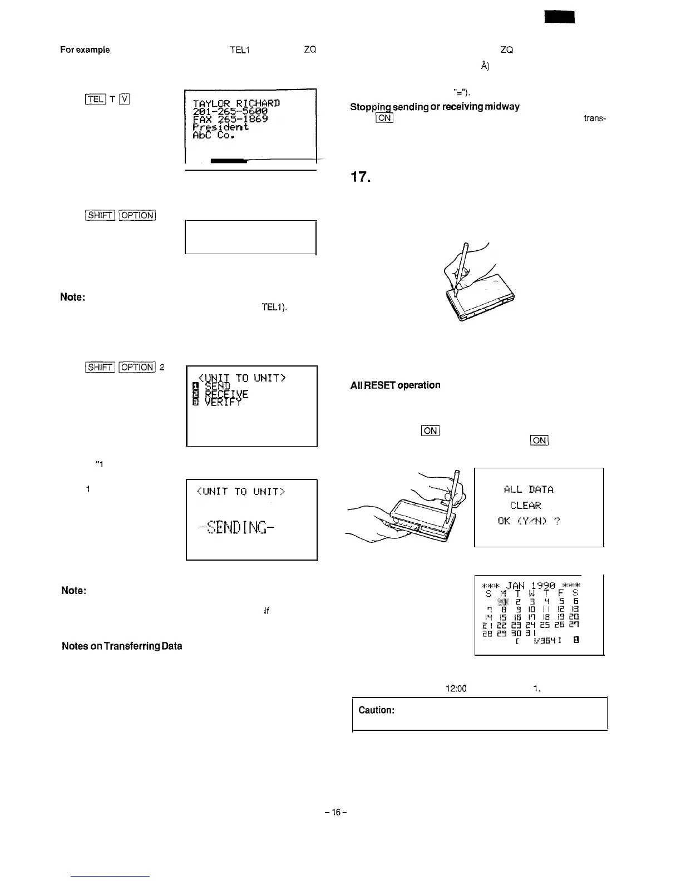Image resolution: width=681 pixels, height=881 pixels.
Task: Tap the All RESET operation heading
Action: point(395,385)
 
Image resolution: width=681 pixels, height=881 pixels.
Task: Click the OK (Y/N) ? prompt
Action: point(529,521)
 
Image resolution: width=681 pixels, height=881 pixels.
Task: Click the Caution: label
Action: point(377,710)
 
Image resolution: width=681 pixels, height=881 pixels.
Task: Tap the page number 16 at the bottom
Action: point(336,813)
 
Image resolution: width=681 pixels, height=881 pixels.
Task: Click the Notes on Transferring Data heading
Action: point(122,646)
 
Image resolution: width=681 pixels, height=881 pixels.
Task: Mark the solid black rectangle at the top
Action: point(559,18)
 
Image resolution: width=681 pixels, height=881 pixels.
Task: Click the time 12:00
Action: point(456,689)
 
